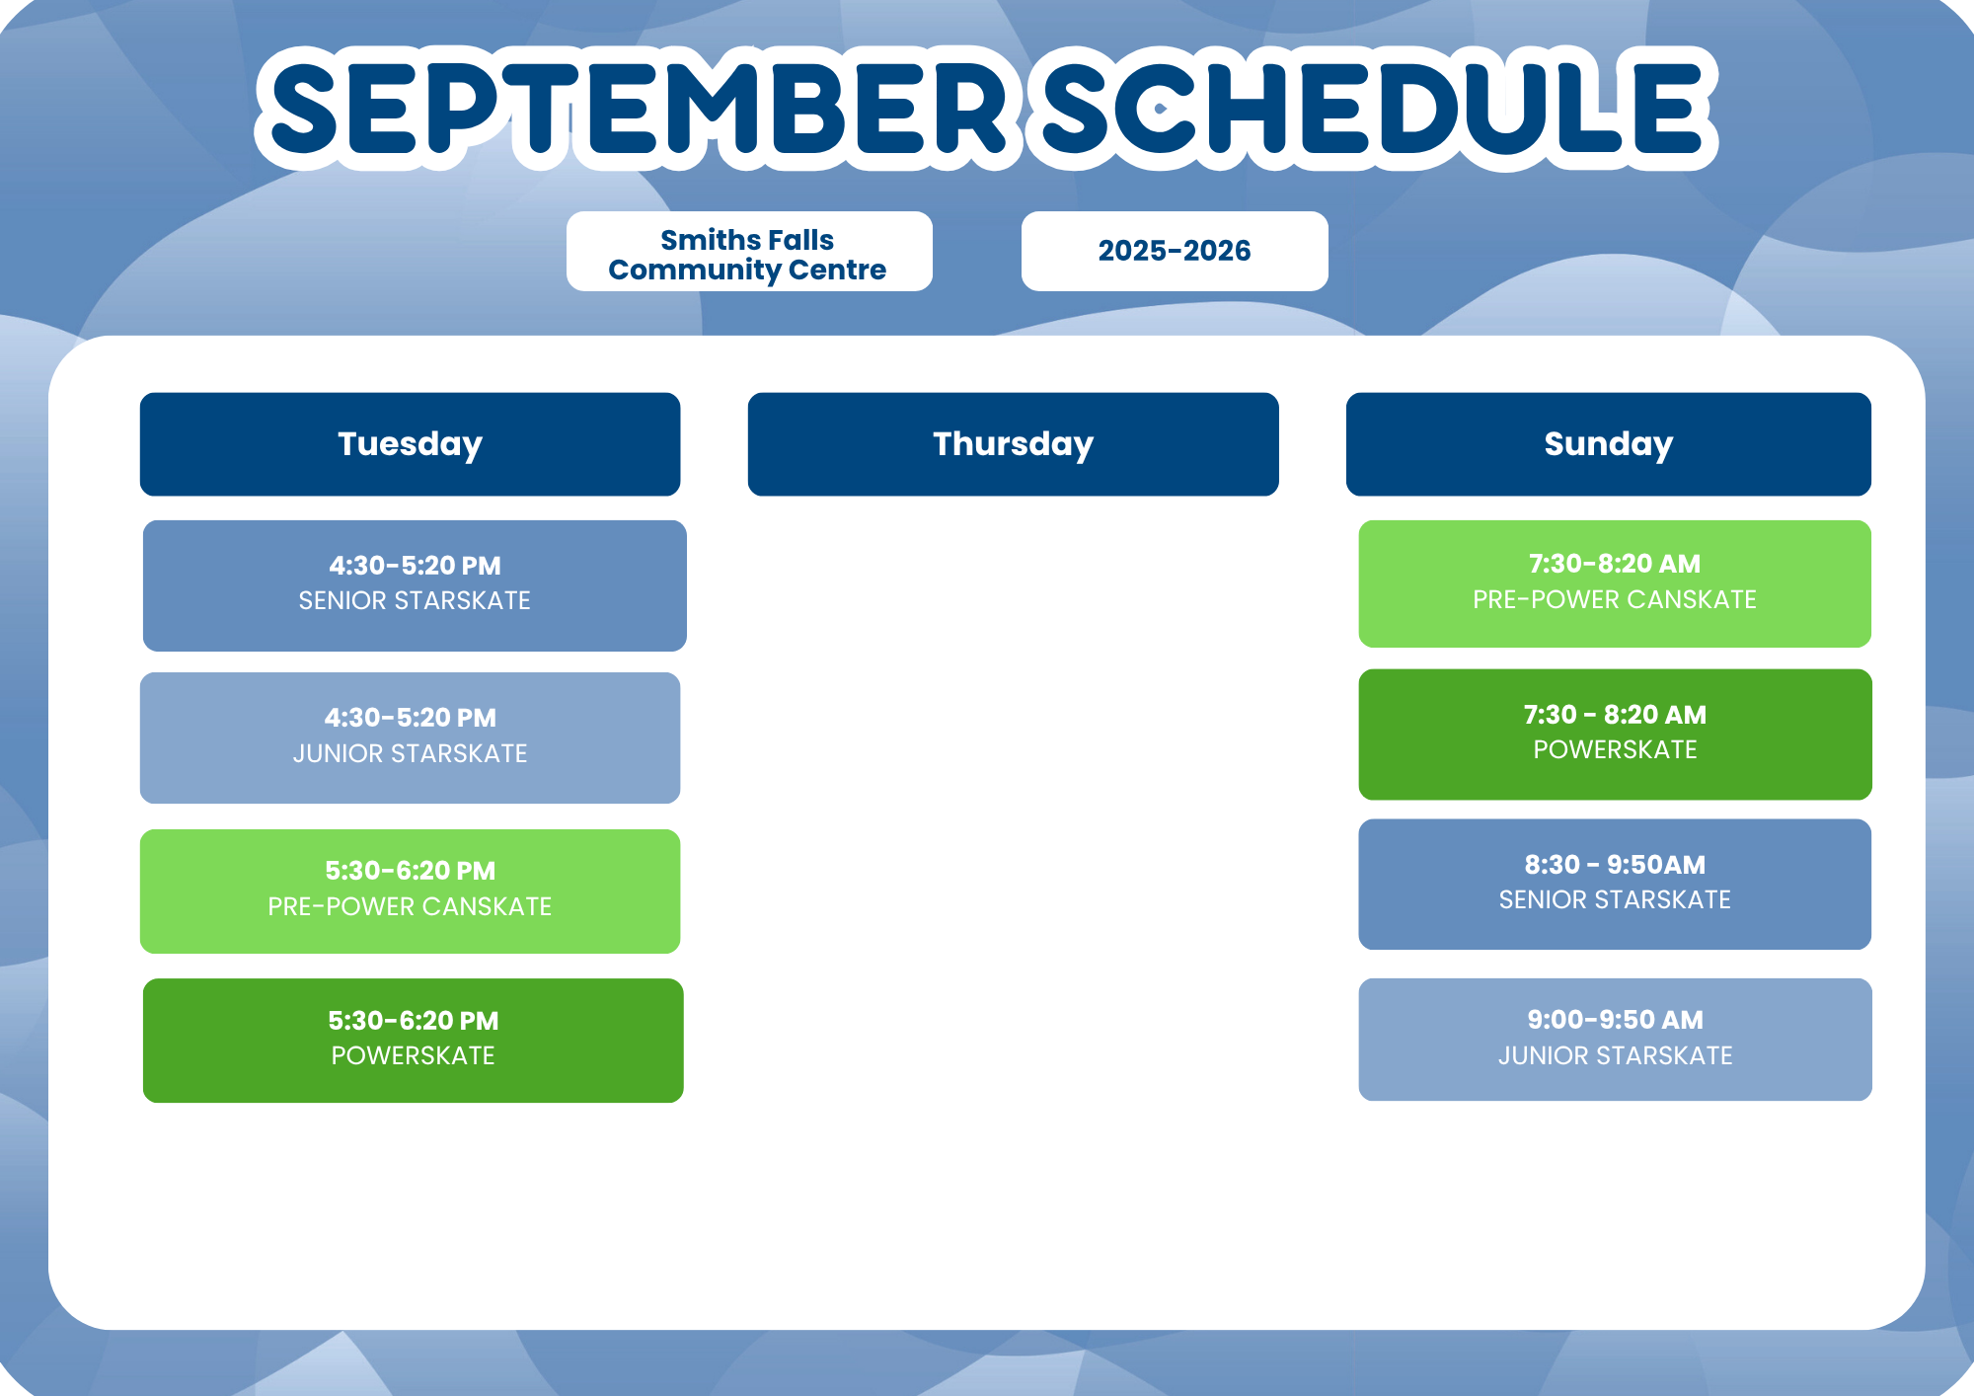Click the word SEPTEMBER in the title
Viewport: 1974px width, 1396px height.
point(639,109)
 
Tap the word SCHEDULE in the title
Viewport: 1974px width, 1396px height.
point(1373,109)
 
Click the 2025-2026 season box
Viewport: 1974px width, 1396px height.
point(1175,251)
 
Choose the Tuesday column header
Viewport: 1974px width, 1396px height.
point(410,444)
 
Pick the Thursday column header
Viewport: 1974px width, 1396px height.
point(1014,444)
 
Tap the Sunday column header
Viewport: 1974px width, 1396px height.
point(1609,444)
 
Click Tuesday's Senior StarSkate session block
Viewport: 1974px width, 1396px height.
point(415,585)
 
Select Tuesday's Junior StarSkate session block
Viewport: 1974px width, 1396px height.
point(410,737)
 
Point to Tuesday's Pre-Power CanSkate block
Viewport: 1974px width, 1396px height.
point(410,892)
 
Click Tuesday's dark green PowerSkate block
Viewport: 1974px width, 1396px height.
point(413,1041)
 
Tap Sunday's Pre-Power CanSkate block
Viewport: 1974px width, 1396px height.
point(1615,583)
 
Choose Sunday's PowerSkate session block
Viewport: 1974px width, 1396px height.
point(1615,735)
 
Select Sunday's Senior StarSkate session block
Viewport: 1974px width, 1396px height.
point(1615,885)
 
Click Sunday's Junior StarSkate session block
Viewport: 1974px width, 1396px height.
point(1615,1040)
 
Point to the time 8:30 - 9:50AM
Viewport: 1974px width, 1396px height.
point(1615,865)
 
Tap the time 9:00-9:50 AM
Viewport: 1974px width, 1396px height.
point(1615,1020)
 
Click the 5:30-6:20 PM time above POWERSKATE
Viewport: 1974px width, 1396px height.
point(414,1021)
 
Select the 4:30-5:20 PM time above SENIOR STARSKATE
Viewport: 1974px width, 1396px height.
point(415,566)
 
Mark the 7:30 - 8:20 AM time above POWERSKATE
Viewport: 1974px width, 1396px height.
point(1615,715)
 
